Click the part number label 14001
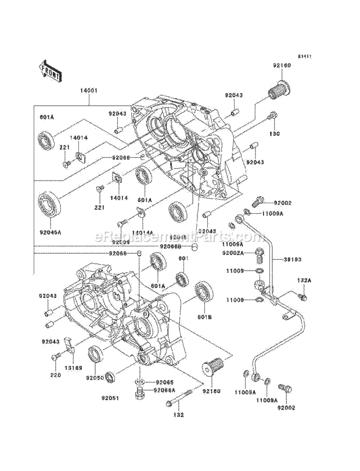89,91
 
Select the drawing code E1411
305,57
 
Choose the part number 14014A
142,232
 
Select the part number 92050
95,377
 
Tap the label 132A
304,280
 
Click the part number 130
275,134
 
